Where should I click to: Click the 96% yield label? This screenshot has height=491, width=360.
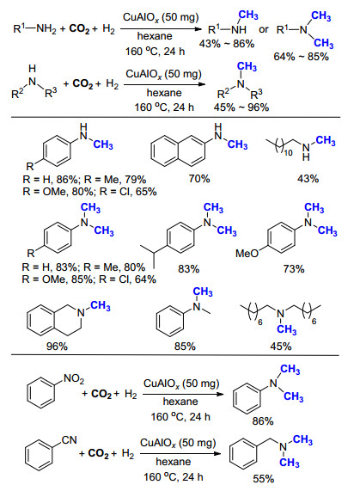57,347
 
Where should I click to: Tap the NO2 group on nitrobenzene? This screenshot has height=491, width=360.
74,379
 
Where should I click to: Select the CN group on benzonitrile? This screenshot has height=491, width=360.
69,440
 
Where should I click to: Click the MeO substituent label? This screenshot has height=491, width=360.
247,253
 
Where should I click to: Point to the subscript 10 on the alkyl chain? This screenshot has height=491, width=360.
288,152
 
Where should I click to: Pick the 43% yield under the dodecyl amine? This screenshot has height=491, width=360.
308,179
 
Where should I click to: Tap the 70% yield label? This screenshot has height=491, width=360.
199,179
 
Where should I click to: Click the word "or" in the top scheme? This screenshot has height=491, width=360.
264,29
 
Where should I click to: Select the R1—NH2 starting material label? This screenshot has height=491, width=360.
34,29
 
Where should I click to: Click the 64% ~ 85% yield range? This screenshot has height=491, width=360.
302,57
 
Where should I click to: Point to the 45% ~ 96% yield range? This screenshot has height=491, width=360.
241,107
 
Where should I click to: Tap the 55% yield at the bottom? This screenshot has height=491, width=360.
264,479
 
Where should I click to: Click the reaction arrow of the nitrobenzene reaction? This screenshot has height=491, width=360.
183,394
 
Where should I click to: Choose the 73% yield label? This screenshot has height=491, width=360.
294,268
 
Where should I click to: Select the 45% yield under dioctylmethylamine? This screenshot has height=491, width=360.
281,347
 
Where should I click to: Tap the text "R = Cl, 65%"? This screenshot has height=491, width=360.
128,192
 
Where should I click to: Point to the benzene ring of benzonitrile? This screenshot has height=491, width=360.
39,455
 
